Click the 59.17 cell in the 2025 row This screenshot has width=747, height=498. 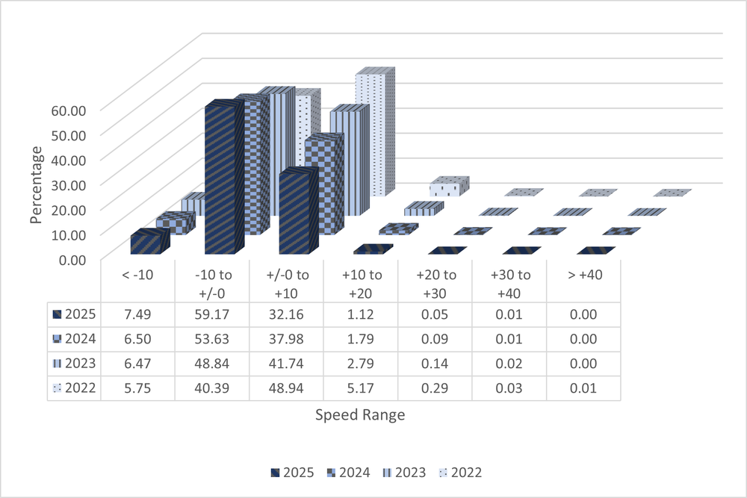click(x=212, y=314)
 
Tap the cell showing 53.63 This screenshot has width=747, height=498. click(x=212, y=339)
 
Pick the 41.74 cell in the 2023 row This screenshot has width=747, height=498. click(x=286, y=364)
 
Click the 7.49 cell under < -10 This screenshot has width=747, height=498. click(x=138, y=314)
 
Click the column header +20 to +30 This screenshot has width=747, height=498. click(x=434, y=281)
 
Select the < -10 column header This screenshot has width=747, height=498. click(x=138, y=275)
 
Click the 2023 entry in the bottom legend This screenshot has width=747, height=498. click(x=407, y=473)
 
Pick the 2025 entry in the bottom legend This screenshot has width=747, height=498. click(x=292, y=473)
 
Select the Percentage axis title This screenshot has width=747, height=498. click(x=36, y=183)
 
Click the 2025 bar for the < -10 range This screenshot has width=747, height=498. click(x=146, y=243)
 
